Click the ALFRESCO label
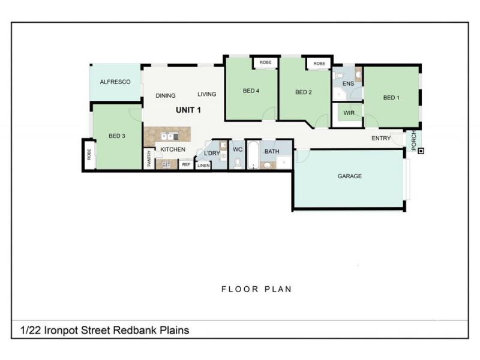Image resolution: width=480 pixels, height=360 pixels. [x=115, y=82]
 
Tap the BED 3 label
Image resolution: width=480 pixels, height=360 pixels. [x=116, y=136]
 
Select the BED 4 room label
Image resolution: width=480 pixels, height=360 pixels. [x=251, y=91]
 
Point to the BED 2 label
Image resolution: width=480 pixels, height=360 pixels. [x=304, y=92]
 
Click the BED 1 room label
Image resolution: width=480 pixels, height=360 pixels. [x=391, y=98]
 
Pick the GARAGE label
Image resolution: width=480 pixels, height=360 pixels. [x=349, y=176]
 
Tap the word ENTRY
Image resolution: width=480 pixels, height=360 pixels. [x=381, y=139]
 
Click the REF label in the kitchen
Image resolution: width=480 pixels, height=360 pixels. [x=186, y=164]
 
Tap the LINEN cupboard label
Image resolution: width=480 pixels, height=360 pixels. [x=203, y=165]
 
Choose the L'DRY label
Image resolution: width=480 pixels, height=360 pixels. [x=212, y=153]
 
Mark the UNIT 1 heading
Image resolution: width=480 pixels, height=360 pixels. [x=188, y=110]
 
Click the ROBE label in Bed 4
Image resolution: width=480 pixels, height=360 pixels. [x=265, y=62]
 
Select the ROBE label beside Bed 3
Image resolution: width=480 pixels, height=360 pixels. [x=89, y=154]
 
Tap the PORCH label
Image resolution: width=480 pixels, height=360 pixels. [x=413, y=140]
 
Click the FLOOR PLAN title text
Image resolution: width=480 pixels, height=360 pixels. [x=256, y=289]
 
